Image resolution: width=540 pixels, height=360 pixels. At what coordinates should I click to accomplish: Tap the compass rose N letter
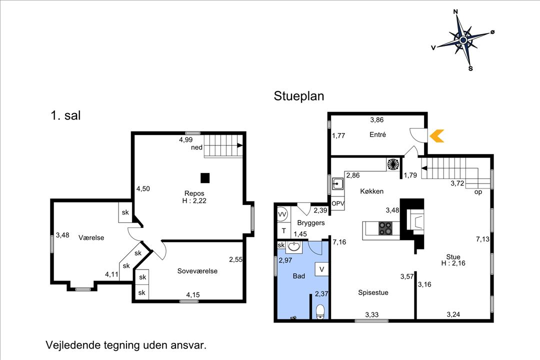click(x=455, y=11)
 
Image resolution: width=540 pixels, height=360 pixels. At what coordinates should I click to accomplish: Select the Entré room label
click(x=377, y=134)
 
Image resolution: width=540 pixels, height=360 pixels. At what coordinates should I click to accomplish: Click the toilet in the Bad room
click(x=320, y=311)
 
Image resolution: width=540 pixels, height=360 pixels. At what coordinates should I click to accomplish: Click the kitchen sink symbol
click(x=337, y=184)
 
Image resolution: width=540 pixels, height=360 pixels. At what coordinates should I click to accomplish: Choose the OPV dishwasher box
click(x=338, y=203)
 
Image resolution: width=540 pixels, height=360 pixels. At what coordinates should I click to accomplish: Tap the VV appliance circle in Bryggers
click(x=282, y=214)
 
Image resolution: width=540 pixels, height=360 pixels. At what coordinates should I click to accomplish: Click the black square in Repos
click(x=205, y=178)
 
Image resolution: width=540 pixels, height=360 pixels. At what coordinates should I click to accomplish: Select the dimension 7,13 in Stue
click(x=482, y=238)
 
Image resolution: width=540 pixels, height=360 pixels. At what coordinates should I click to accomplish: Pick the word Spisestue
click(x=373, y=292)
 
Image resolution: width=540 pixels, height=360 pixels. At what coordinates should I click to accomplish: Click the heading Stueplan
click(x=299, y=96)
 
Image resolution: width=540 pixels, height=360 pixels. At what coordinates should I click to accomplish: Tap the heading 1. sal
click(x=65, y=115)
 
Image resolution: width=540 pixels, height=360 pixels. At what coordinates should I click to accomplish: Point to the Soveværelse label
click(x=197, y=271)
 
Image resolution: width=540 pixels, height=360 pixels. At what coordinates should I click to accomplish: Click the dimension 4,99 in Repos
click(x=185, y=139)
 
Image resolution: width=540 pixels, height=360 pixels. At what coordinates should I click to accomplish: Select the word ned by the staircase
click(x=196, y=147)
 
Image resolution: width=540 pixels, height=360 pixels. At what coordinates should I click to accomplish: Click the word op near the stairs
click(x=478, y=192)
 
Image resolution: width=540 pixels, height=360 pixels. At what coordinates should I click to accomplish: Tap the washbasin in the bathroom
click(x=294, y=246)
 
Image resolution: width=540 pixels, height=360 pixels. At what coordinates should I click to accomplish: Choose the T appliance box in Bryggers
click(x=284, y=230)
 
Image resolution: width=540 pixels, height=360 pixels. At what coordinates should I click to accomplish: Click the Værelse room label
click(x=91, y=237)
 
